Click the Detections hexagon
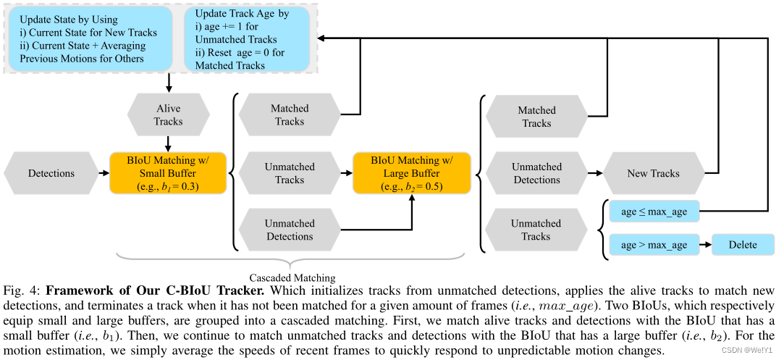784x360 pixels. pyautogui.click(x=51, y=173)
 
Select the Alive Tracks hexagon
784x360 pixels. pyautogui.click(x=168, y=115)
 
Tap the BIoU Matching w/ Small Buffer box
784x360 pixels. pyautogui.click(x=168, y=173)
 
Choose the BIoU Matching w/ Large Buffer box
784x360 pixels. pyautogui.click(x=411, y=173)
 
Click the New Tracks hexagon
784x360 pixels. pyautogui.click(x=654, y=173)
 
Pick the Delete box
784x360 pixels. pyautogui.click(x=743, y=245)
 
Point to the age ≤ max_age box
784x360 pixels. pyautogui.click(x=654, y=212)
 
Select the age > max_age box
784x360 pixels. pyautogui.click(x=654, y=245)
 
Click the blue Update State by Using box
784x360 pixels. pyautogui.click(x=91, y=40)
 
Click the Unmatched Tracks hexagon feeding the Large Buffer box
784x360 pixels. pyautogui.click(x=290, y=173)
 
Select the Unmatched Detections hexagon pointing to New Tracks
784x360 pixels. pyautogui.click(x=536, y=173)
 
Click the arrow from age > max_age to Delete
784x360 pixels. pyautogui.click(x=705, y=245)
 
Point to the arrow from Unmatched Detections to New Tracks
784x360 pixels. pyautogui.click(x=595, y=173)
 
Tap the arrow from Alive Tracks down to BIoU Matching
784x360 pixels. pyautogui.click(x=168, y=143)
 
